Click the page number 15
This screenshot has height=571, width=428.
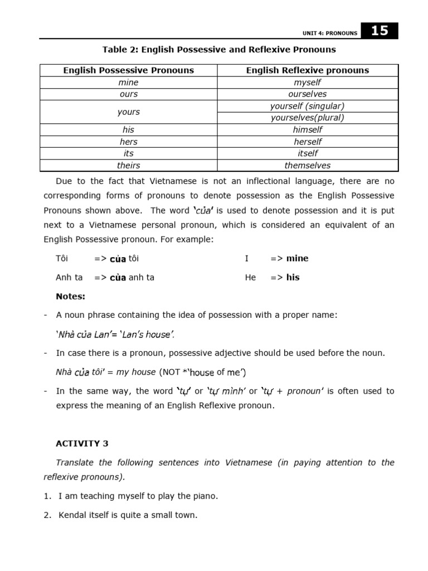[x=380, y=31]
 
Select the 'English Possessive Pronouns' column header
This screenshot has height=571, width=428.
[x=128, y=70]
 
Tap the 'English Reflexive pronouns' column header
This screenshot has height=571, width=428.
[x=308, y=70]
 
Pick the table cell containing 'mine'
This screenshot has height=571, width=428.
[x=128, y=83]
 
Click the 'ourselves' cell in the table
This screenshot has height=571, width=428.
[x=308, y=94]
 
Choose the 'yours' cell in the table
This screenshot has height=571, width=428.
[x=128, y=112]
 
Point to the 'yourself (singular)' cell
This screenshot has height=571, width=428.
[x=308, y=106]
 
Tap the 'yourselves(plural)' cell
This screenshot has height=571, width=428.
[x=308, y=118]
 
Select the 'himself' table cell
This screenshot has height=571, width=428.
[x=308, y=130]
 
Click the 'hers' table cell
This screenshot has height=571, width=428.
[x=128, y=142]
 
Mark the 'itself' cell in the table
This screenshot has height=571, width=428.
[x=308, y=153]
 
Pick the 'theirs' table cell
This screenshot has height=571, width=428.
[x=128, y=166]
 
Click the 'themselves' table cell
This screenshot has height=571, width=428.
[x=308, y=166]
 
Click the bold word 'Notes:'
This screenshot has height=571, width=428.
[x=71, y=296]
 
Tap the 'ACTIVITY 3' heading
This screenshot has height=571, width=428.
[x=82, y=444]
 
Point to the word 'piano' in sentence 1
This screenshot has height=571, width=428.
[x=203, y=496]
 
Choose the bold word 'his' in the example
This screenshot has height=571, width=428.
[x=293, y=277]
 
